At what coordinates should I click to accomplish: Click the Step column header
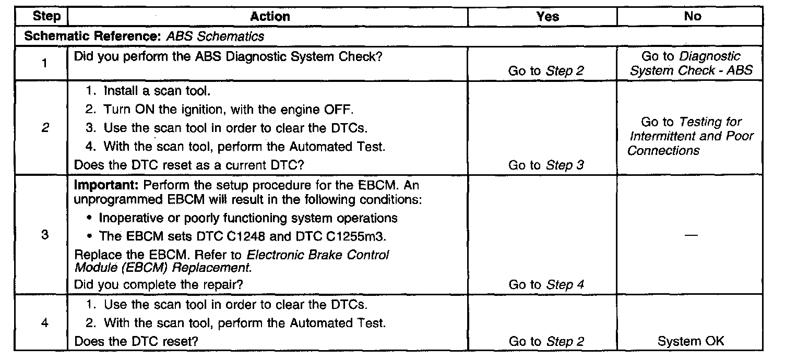tap(46, 17)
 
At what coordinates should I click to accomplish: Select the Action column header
tap(270, 17)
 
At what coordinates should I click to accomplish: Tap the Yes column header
tap(548, 17)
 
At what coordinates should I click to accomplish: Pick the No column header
tap(692, 17)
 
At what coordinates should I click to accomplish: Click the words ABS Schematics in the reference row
tap(216, 37)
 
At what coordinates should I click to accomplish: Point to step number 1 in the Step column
tap(45, 64)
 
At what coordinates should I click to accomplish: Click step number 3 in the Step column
tap(45, 235)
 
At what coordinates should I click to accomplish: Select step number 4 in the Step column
tap(45, 322)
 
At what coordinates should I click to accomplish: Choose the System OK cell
tap(691, 342)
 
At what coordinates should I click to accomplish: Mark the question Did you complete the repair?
tap(159, 285)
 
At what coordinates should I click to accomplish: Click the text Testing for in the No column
tap(710, 122)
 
